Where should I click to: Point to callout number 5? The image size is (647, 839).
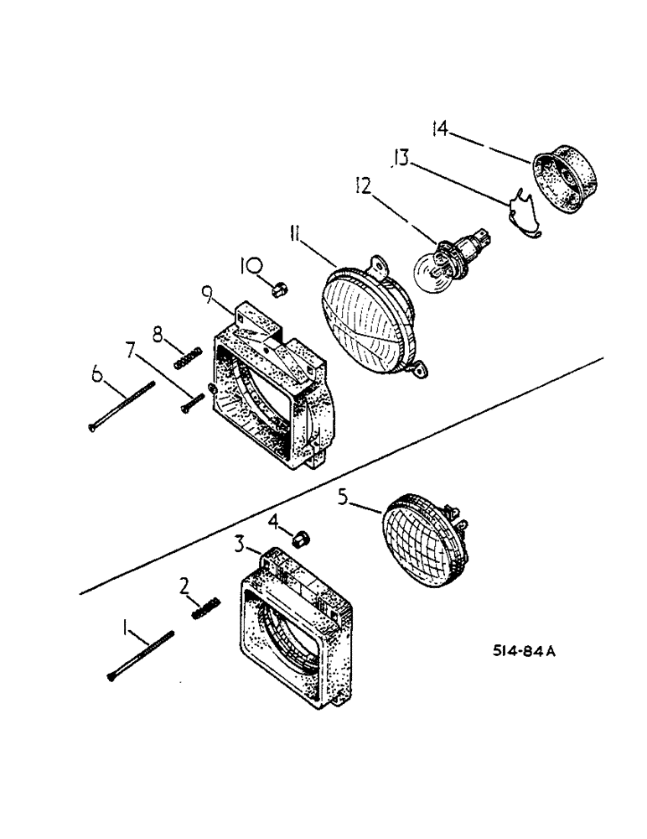click(342, 496)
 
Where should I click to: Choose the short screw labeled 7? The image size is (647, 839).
click(192, 399)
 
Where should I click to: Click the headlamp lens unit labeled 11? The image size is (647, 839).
click(369, 315)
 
